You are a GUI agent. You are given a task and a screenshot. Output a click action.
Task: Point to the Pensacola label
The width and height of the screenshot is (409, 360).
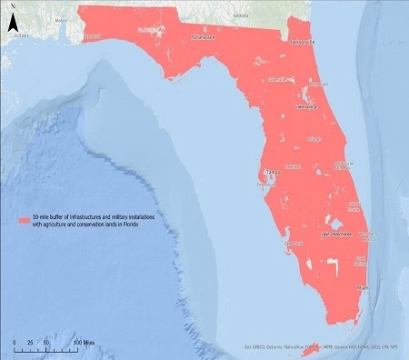click(93, 37)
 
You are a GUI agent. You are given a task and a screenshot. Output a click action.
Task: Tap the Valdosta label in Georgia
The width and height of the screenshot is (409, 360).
click(240, 16)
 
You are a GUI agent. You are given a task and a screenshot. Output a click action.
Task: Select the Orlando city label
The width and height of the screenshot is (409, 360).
click(314, 139)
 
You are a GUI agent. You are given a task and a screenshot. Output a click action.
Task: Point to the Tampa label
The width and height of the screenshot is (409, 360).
click(270, 172)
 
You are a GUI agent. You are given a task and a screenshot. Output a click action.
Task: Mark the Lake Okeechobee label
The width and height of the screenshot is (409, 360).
click(337, 233)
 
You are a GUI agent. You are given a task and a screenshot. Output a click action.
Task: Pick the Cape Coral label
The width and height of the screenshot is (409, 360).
click(292, 244)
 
